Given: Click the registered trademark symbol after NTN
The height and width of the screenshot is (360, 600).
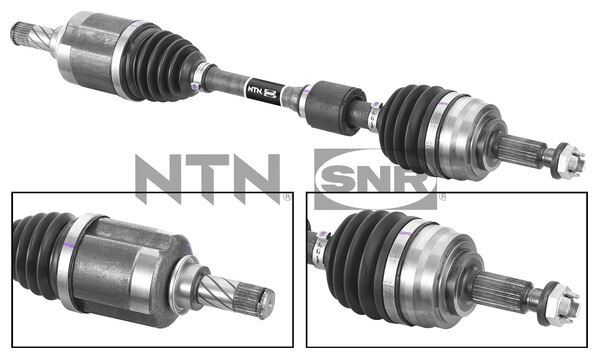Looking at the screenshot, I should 288,196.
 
